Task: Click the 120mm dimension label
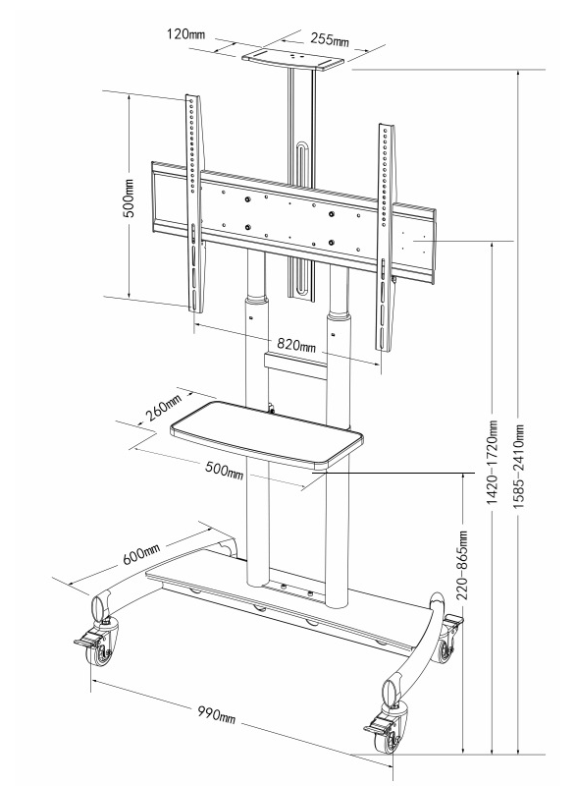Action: tap(185, 34)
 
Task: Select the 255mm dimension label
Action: tap(330, 39)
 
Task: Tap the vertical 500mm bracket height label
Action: tap(130, 197)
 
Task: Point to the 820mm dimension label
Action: tap(296, 345)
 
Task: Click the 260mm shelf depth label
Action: tap(164, 409)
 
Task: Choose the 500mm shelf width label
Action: tap(225, 470)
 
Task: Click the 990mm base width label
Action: tap(216, 714)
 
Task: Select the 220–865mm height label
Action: tap(462, 566)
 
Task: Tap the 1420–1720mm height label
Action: tap(493, 462)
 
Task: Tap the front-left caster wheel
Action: tap(101, 648)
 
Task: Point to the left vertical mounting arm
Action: tap(194, 203)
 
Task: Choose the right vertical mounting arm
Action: tap(386, 237)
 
